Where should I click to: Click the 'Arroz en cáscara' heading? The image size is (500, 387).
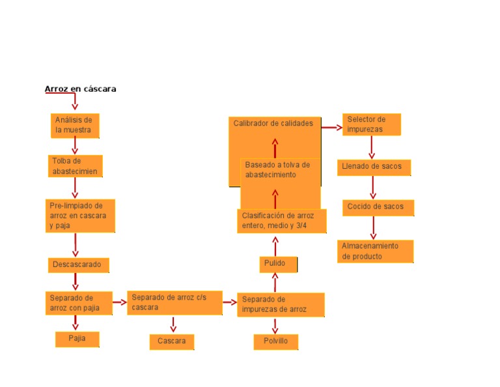tap(80, 89)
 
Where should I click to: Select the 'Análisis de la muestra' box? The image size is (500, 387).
tap(75, 125)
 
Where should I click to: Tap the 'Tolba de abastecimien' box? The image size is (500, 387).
tap(76, 166)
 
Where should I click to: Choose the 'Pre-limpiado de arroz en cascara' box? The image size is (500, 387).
tap(80, 216)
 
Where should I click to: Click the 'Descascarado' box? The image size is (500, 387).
tap(78, 265)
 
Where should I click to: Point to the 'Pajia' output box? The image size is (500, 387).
tap(77, 339)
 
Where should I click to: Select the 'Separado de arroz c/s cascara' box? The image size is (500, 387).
tap(174, 302)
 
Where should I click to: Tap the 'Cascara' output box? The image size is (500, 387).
tap(172, 341)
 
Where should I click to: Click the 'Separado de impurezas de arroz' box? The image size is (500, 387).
tap(281, 304)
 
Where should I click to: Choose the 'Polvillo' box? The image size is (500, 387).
tap(276, 341)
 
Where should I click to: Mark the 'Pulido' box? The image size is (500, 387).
tap(279, 264)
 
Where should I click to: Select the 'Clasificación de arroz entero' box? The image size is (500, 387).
tap(281, 221)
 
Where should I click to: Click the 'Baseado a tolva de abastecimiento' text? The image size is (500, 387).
tap(278, 170)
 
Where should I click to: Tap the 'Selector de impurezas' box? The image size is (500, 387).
tap(371, 124)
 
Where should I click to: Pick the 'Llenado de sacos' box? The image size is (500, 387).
tap(374, 167)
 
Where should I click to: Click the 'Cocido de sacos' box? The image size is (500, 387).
tap(378, 207)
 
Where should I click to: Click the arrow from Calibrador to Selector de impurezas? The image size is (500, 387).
tap(332, 127)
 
